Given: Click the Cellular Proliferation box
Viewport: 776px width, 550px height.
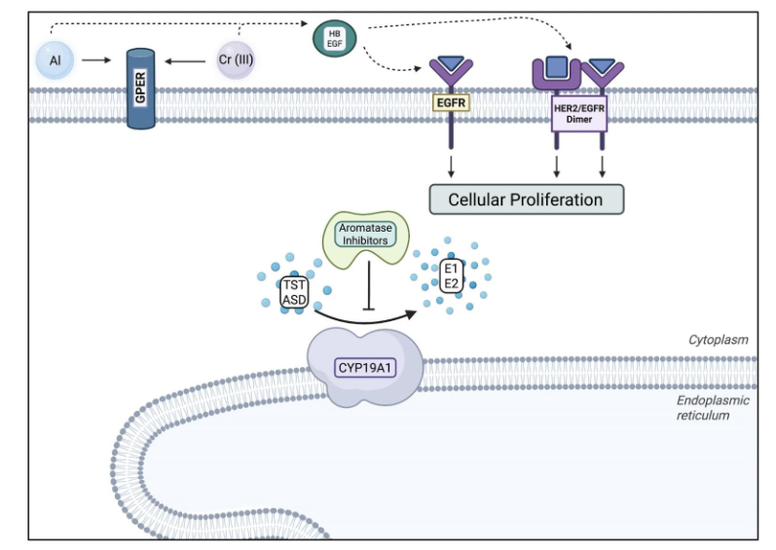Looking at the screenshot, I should click(x=525, y=200).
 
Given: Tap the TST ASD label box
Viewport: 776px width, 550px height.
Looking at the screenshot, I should click(x=293, y=293).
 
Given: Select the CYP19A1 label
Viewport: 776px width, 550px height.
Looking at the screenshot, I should click(x=366, y=365).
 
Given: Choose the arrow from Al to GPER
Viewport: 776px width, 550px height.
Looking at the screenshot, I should click(x=96, y=60).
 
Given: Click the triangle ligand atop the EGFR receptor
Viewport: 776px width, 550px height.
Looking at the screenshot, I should click(x=451, y=64).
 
